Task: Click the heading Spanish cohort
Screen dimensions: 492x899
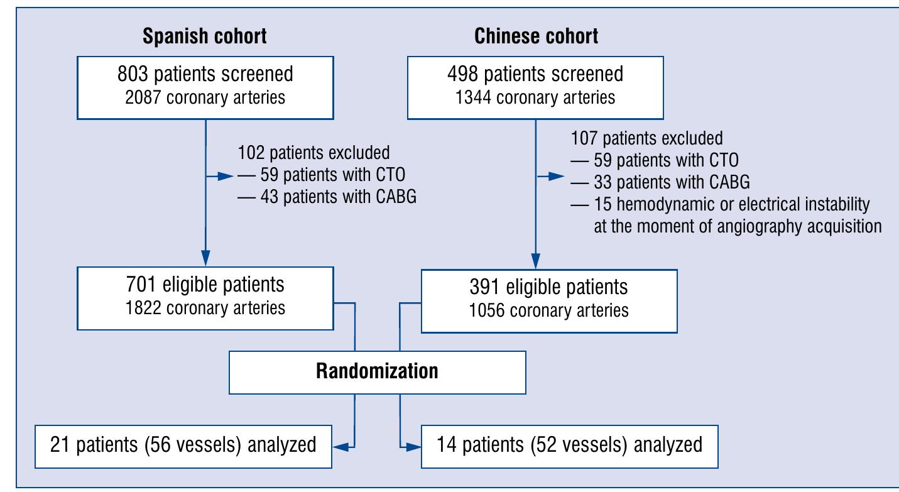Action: [x=205, y=36]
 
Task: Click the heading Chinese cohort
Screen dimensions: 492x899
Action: [x=536, y=36]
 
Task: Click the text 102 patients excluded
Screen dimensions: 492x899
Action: [x=313, y=153]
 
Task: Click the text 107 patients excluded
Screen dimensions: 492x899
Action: [x=646, y=137]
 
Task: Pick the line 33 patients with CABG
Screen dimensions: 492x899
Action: [x=659, y=182]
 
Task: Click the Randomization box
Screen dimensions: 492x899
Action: [x=377, y=371]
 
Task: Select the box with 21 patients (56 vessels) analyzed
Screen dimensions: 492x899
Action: [x=183, y=446]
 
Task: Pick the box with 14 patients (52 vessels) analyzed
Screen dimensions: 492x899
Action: [x=570, y=446]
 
